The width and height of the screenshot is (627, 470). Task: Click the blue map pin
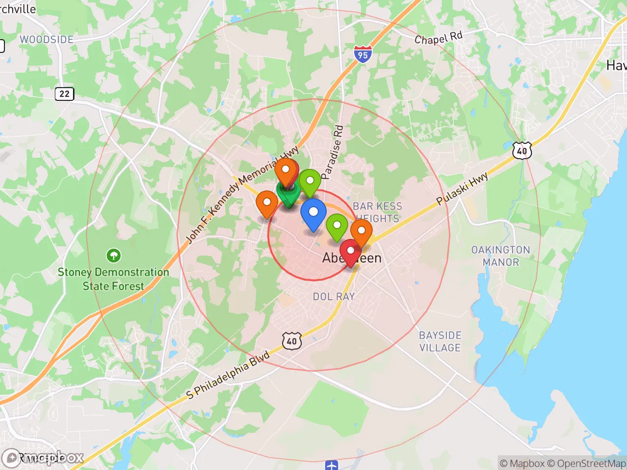[x=313, y=214]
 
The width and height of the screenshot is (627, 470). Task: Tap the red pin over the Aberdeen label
[x=351, y=252]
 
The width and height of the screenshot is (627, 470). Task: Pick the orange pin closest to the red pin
[x=361, y=233]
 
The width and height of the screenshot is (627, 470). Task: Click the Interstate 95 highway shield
[x=362, y=54]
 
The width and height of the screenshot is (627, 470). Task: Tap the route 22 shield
[x=64, y=94]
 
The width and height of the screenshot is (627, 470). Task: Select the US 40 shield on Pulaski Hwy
[x=522, y=151]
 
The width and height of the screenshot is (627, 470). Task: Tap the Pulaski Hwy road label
[x=462, y=188]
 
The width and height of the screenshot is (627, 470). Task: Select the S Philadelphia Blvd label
[x=228, y=375]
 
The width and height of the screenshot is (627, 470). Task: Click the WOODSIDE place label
[x=47, y=40]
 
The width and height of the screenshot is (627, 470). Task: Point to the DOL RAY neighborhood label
[x=334, y=296]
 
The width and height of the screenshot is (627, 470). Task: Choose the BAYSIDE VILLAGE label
[x=440, y=341]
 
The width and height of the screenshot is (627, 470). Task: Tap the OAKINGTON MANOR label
[x=501, y=256]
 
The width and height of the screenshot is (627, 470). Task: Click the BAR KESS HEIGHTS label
[x=377, y=212]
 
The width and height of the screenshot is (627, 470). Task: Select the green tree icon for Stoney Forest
[x=114, y=255]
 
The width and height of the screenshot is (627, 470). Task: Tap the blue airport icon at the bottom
[x=332, y=465]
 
